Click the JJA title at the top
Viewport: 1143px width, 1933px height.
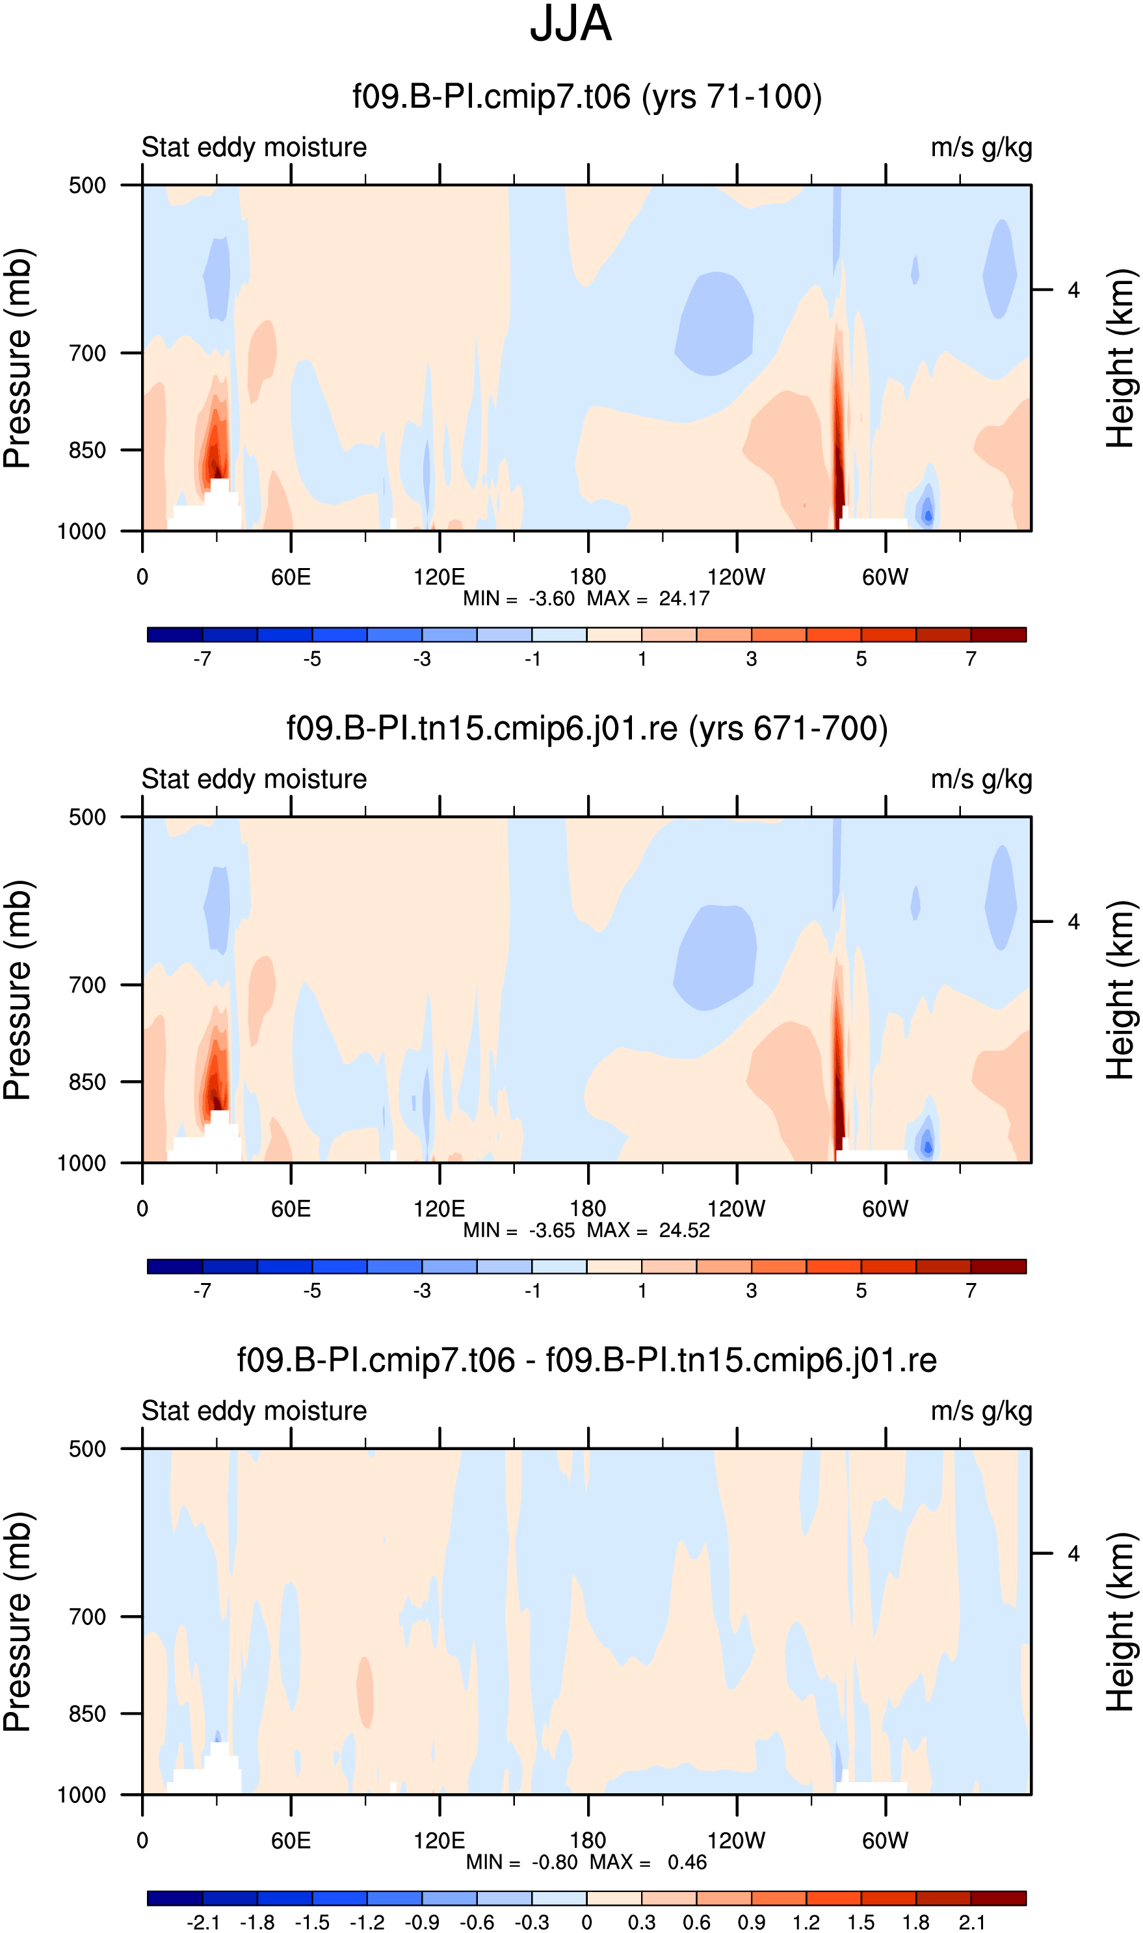click(x=571, y=24)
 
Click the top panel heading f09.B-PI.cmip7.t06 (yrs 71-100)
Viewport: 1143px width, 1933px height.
click(x=587, y=97)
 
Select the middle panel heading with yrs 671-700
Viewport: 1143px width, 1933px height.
click(x=587, y=728)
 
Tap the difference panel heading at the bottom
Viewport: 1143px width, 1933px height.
click(x=587, y=1360)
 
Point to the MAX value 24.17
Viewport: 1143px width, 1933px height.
click(x=684, y=598)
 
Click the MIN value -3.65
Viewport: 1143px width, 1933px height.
click(x=551, y=1230)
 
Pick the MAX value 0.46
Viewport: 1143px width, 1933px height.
click(x=687, y=1862)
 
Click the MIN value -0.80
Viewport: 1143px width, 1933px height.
click(x=555, y=1862)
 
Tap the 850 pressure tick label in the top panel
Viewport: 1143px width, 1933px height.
click(x=87, y=450)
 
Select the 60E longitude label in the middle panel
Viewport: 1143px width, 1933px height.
click(x=291, y=1208)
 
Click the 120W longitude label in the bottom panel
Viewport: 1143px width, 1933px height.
click(x=737, y=1841)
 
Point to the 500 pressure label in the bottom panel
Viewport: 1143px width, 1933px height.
click(x=87, y=1449)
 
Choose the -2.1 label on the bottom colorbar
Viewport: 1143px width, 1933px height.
click(x=203, y=1922)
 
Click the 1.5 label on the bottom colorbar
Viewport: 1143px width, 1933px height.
click(x=861, y=1922)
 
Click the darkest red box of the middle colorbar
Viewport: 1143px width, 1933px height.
click(x=999, y=1266)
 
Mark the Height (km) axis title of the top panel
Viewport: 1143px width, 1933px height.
click(x=1121, y=358)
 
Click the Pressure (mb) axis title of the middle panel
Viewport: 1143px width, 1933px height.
click(x=17, y=989)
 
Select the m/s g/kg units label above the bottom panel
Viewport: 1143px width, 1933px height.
click(x=981, y=1412)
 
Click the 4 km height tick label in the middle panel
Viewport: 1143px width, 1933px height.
click(x=1073, y=922)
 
